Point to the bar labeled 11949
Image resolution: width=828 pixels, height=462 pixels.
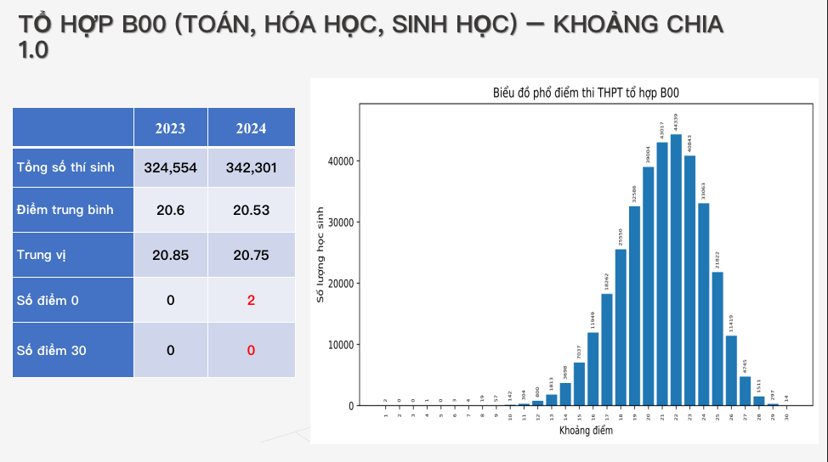593,369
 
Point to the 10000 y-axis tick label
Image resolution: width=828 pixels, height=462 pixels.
341,345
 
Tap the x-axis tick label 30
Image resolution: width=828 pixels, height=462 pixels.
787,415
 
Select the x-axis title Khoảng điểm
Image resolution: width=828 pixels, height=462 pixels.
586,431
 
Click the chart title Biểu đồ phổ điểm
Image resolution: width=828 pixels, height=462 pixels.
587,93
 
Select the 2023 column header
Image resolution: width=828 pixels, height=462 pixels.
170,128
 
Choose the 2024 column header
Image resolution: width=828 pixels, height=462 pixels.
251,128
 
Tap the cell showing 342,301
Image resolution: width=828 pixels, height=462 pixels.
251,167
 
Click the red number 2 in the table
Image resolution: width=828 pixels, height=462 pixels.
251,301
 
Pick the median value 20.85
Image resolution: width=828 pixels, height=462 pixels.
170,255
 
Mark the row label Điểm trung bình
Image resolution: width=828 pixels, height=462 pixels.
65,210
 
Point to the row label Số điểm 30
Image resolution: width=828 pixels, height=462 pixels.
52,350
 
